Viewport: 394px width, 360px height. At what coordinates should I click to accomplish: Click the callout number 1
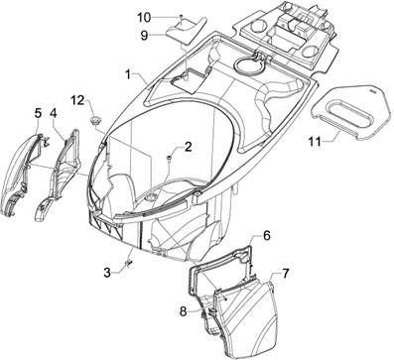coord(128,74)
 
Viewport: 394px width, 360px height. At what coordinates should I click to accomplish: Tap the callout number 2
coord(188,147)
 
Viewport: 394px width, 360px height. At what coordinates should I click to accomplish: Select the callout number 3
coord(107,273)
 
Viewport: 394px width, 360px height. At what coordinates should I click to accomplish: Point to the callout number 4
coord(54,113)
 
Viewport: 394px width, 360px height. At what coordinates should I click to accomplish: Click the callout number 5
coord(39,113)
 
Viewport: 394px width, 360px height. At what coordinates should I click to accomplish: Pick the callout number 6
coord(267,236)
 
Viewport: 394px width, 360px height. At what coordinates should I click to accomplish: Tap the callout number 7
coord(285,274)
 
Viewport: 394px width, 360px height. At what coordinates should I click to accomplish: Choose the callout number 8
coord(184,311)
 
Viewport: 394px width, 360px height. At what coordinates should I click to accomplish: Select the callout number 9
coord(144,36)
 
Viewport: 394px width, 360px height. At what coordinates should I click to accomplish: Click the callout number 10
coord(144,18)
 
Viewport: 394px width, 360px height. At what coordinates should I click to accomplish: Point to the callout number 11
coord(315,142)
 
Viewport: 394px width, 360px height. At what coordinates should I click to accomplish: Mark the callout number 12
coord(77,100)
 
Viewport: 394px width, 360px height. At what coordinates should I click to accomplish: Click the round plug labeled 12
coord(96,120)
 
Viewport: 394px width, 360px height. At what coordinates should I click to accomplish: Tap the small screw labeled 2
coord(169,160)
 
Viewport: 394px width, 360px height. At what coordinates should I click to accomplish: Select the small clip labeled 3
coord(128,264)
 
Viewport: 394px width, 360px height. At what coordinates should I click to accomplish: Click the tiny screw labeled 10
coord(181,16)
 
